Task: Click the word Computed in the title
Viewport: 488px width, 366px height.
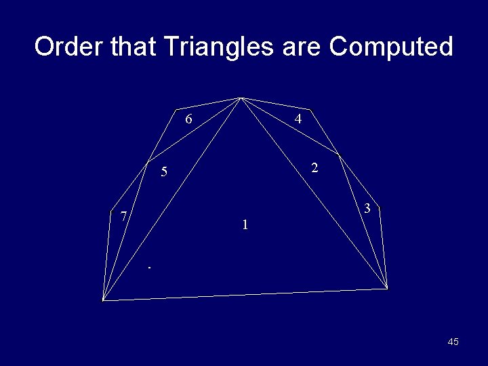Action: tap(391, 47)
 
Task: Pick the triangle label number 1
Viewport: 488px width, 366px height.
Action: tap(246, 224)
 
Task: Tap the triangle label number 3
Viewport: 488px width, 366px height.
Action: tap(367, 209)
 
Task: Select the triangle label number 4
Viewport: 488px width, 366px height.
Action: tap(298, 119)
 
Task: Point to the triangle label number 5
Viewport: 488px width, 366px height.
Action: tap(163, 172)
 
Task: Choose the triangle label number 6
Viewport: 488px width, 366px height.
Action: tap(189, 120)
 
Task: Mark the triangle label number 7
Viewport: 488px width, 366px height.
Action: tap(123, 217)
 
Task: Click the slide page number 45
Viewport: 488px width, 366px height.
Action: tap(453, 342)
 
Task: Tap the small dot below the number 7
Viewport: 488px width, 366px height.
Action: tap(150, 269)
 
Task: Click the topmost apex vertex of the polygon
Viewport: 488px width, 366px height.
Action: tap(241, 98)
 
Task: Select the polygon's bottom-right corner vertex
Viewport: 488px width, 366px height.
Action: tap(387, 289)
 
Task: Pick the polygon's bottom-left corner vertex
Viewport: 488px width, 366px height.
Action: tap(103, 299)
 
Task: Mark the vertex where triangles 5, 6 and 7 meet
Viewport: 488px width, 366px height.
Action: tap(148, 163)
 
